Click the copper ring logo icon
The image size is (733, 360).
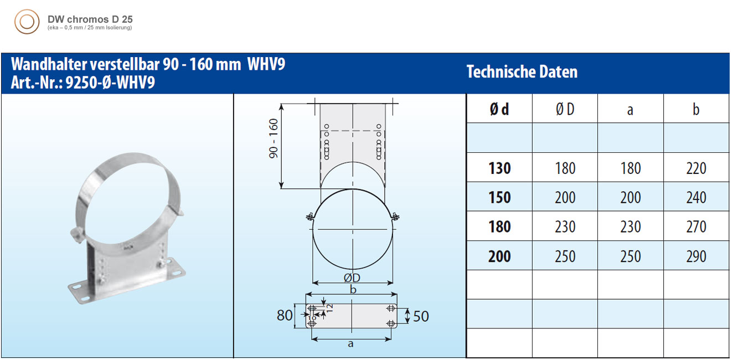27,22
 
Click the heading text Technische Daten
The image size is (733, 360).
522,71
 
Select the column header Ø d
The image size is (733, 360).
499,109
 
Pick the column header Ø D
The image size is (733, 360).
565,109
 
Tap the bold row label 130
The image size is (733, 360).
499,168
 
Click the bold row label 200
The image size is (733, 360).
499,256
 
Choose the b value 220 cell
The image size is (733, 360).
696,168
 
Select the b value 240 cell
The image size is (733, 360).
696,197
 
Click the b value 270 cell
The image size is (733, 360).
696,227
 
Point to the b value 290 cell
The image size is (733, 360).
696,256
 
